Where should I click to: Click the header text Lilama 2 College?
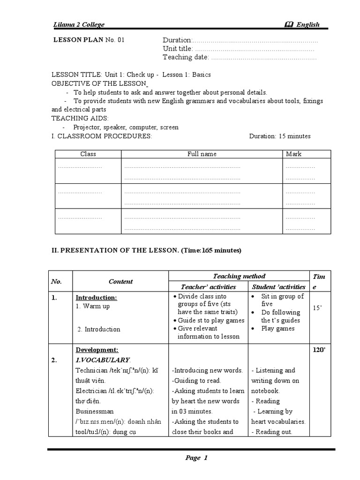(78, 25)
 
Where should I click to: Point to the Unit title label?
(178, 49)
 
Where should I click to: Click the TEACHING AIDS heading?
(80, 119)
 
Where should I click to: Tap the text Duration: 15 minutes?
(279, 136)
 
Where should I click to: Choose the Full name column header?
(202, 154)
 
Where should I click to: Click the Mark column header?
(293, 154)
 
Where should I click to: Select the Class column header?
(88, 154)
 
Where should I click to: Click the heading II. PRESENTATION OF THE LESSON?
(115, 250)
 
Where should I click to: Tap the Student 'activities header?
(278, 287)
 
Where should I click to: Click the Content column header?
(120, 282)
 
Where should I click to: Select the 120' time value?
(319, 350)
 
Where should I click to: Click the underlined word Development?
(97, 350)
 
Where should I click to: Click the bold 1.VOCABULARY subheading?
(103, 360)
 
